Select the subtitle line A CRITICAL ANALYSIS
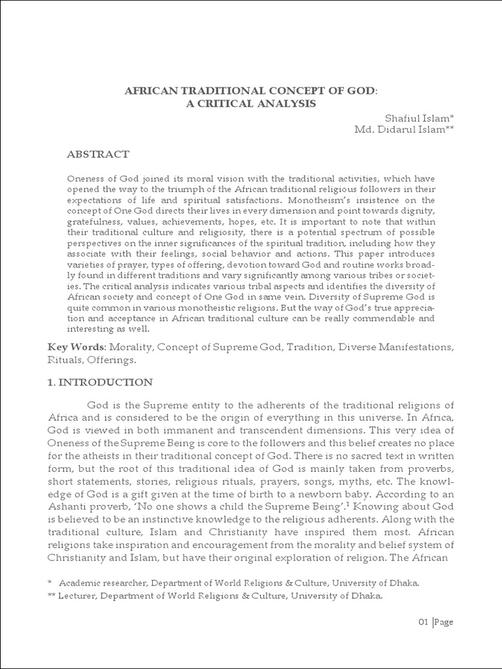coord(251,103)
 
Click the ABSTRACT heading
coord(98,154)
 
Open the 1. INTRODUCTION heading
coord(101,382)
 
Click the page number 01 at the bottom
coord(423,621)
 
